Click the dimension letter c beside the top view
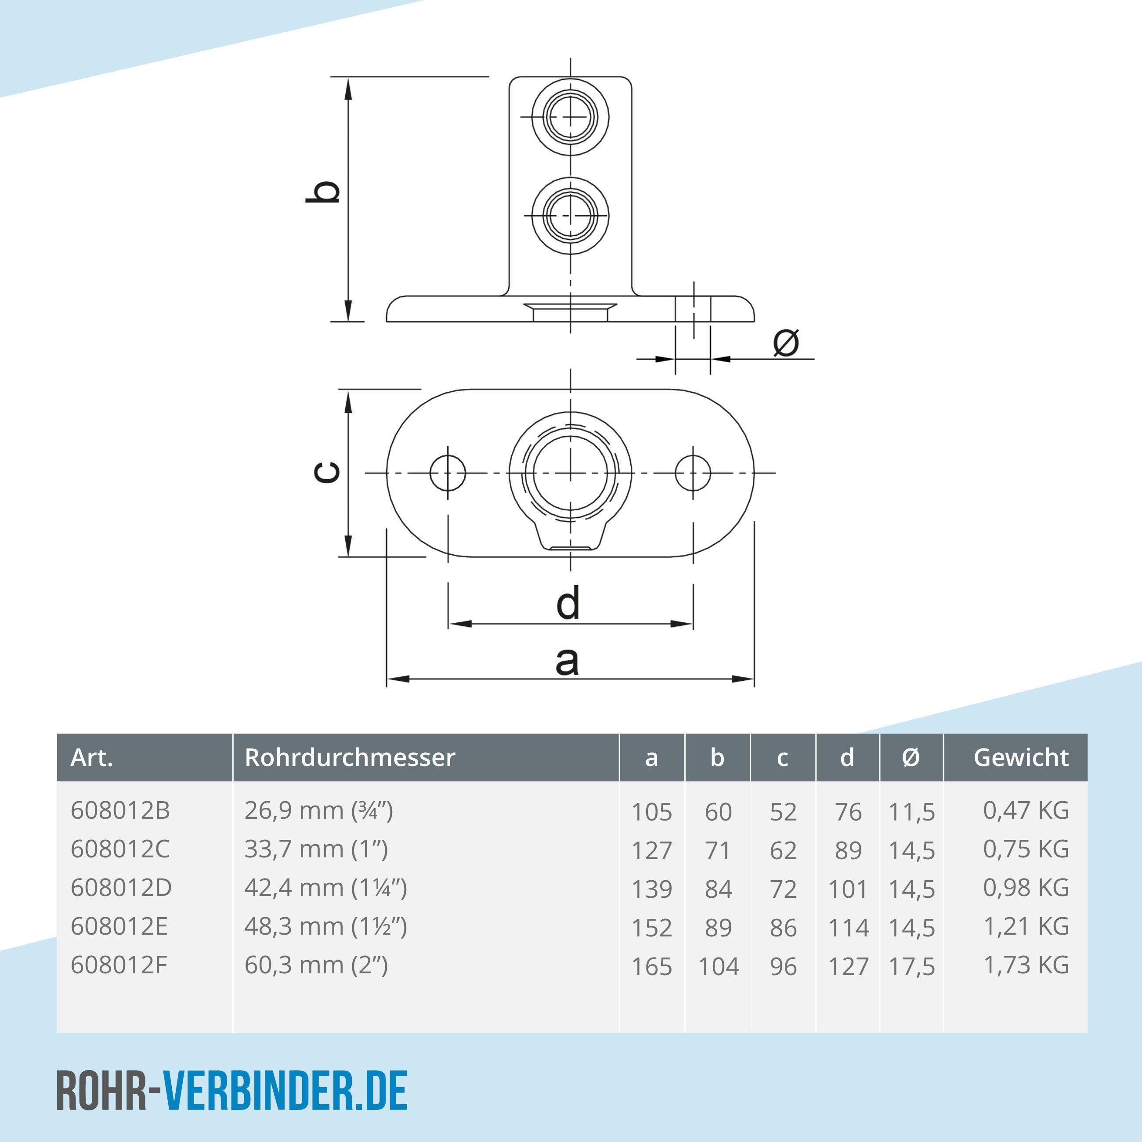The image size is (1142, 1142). coord(326,472)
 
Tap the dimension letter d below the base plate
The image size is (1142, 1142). coord(568,604)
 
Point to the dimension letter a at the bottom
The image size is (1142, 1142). coord(567,661)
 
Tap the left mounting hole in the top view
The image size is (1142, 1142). coord(448,473)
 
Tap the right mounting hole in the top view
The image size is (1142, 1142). coord(693,473)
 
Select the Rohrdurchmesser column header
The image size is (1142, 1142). coord(350,757)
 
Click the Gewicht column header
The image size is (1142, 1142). coord(1021,757)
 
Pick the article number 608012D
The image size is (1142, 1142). coord(121,888)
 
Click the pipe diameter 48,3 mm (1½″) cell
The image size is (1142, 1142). coord(326,926)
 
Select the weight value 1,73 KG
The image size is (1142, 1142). coord(1026,965)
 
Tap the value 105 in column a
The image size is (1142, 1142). coord(651,812)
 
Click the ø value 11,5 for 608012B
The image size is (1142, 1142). coord(911,812)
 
